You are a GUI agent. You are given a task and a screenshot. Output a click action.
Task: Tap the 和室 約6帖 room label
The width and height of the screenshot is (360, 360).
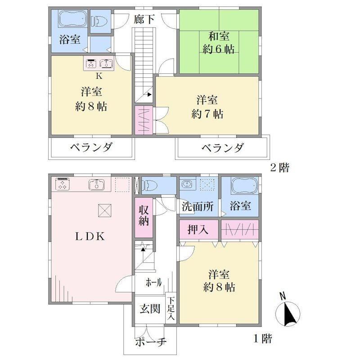coord(219,43)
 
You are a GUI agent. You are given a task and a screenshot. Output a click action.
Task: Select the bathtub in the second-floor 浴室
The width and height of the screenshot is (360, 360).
coord(72,19)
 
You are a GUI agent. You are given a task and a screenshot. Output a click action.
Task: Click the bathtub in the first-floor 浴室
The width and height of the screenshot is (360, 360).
coord(244,186)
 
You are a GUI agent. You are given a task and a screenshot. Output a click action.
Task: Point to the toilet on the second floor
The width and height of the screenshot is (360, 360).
coord(99,21)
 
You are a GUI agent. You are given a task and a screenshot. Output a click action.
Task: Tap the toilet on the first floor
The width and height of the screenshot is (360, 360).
coord(149,185)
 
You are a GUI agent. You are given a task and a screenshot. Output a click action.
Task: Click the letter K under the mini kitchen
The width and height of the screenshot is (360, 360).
coord(99,76)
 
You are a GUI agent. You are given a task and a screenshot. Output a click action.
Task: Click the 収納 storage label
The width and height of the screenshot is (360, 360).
coord(144,216)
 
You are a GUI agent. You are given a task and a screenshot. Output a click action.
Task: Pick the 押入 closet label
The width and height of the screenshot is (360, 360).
coord(198,229)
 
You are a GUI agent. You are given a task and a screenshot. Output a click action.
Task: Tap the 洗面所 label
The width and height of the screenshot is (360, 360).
coord(198,207)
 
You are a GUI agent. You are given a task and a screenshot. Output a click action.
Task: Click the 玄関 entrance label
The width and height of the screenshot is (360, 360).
coord(150,309)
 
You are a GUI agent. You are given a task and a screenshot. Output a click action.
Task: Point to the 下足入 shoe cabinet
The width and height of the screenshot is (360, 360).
coord(171,308)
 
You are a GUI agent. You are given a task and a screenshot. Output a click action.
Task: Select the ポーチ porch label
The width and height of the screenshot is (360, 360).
coord(150,342)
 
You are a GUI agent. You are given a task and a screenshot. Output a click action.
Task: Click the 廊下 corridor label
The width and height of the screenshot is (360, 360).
coord(144,19)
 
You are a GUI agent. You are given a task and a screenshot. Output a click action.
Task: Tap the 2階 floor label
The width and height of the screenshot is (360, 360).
coord(279,167)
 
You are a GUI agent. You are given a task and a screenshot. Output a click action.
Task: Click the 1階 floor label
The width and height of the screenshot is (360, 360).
coord(262,338)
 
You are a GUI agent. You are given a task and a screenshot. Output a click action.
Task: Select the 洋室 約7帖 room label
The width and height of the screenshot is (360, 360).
coord(207,107)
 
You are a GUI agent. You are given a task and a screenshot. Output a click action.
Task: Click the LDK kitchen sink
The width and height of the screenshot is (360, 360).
coord(96,184)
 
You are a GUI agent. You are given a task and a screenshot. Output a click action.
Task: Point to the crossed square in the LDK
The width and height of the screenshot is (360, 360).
coord(105,210)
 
